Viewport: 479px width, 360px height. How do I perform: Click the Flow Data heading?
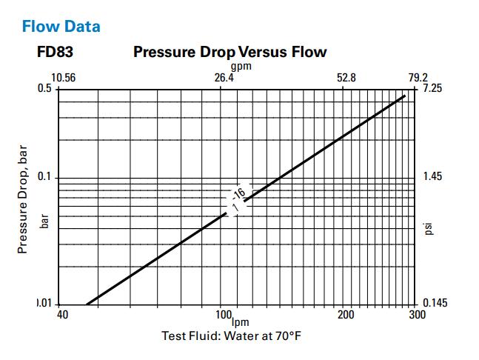[61, 27]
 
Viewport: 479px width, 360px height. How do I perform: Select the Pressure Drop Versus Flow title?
[230, 53]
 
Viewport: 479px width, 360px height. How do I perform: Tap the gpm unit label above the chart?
[241, 66]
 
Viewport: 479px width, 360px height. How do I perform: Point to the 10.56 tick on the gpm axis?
[63, 78]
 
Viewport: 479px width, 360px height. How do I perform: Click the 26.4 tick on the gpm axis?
[224, 78]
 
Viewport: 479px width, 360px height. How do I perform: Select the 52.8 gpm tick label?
[346, 78]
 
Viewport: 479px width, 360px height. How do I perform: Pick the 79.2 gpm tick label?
[418, 78]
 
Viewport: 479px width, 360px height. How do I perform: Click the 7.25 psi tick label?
[432, 88]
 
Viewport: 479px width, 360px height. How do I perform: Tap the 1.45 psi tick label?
[432, 177]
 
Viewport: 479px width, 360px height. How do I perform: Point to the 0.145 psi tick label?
[435, 303]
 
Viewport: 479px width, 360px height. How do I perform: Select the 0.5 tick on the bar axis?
[45, 88]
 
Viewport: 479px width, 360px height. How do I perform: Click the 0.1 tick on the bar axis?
[45, 177]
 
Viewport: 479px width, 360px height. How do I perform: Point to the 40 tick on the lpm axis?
[62, 315]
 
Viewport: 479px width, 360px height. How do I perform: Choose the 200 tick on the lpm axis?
[345, 315]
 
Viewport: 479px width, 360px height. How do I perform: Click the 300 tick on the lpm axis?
[417, 315]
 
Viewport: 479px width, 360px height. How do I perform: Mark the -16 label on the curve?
[239, 196]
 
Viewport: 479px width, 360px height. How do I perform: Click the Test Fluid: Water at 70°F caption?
[231, 336]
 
